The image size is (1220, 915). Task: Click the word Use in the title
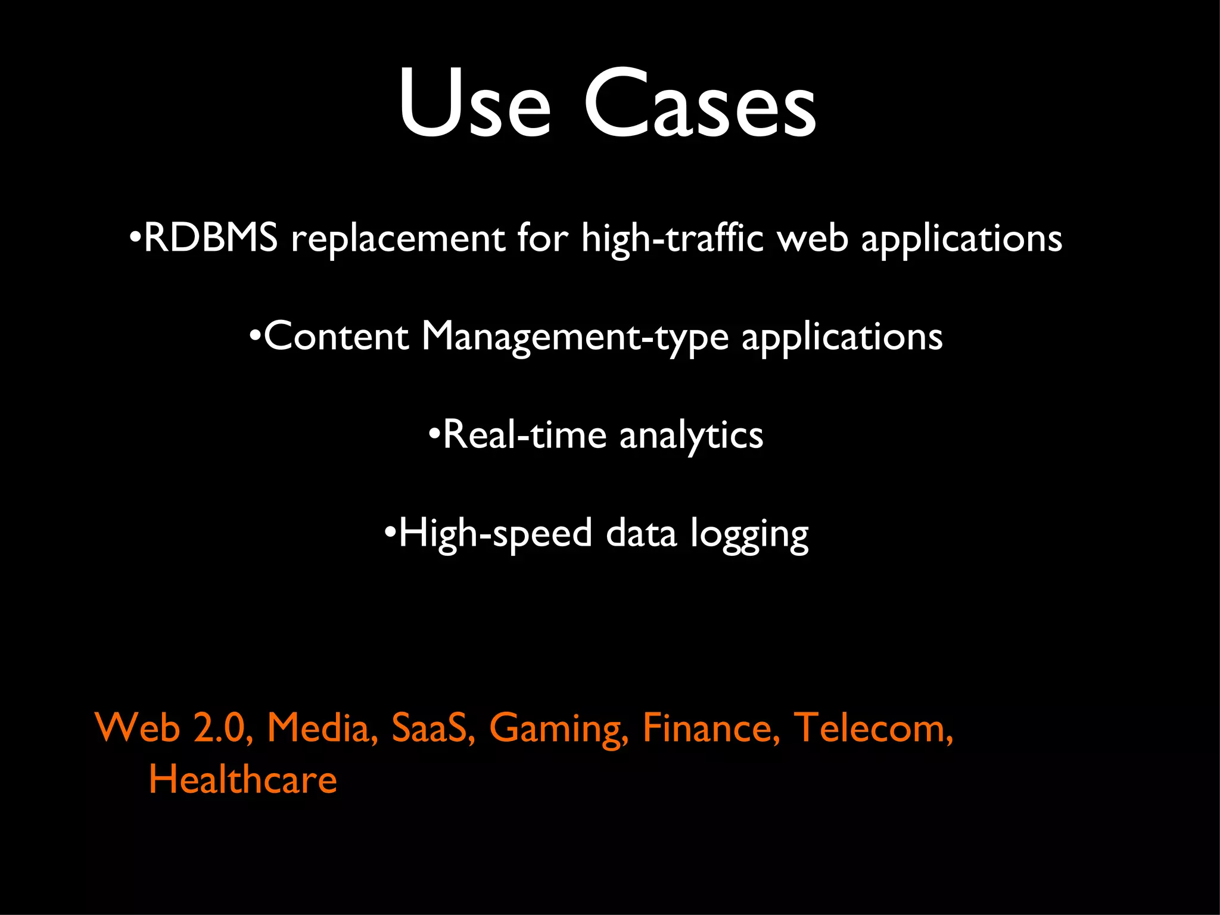tap(474, 104)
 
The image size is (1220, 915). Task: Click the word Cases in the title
tap(700, 104)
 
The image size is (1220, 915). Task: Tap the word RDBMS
tap(211, 238)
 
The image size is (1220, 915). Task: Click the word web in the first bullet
tap(813, 238)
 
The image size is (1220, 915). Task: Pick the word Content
tap(336, 336)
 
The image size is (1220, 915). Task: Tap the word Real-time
tap(525, 434)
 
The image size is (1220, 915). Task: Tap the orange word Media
tap(322, 728)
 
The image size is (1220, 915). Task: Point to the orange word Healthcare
tap(242, 780)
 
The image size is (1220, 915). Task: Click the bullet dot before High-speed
tap(390, 530)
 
